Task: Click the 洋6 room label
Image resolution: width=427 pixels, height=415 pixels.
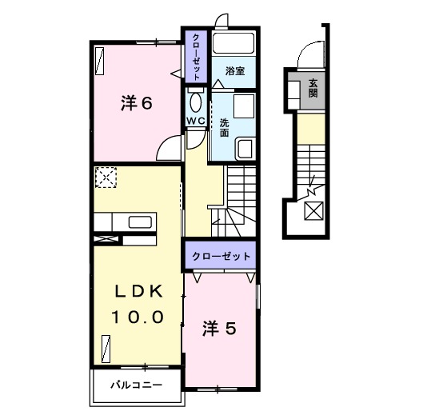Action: [137, 103]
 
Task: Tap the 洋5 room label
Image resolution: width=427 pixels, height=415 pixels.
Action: [217, 328]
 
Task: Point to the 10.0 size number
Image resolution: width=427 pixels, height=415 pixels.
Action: [138, 317]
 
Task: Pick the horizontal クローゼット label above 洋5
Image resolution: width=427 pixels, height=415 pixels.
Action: [220, 257]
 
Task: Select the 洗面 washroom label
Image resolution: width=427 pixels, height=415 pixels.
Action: [225, 127]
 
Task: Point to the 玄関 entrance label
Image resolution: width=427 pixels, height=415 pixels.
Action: [313, 89]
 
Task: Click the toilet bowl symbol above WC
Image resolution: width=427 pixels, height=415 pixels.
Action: [196, 102]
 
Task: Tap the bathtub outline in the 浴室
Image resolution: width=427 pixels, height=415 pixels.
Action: [235, 45]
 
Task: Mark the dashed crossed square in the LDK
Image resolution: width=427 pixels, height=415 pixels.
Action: [106, 177]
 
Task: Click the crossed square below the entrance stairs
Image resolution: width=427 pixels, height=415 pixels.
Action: [314, 212]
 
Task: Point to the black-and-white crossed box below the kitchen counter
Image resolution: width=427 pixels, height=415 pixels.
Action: [105, 237]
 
